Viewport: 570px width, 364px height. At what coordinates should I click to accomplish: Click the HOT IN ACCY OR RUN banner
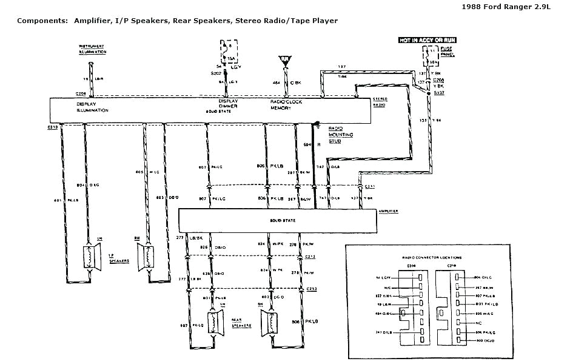[426, 40]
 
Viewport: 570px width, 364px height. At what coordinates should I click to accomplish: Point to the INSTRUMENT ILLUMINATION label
[92, 50]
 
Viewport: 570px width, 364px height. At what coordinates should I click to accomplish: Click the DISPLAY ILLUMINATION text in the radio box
[92, 106]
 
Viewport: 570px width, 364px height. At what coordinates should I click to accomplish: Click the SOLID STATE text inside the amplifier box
[283, 220]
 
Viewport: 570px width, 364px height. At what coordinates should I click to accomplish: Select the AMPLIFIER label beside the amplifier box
[387, 212]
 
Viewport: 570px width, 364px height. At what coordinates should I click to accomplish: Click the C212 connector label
[311, 257]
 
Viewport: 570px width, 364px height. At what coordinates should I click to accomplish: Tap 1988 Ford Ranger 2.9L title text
[527, 8]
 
